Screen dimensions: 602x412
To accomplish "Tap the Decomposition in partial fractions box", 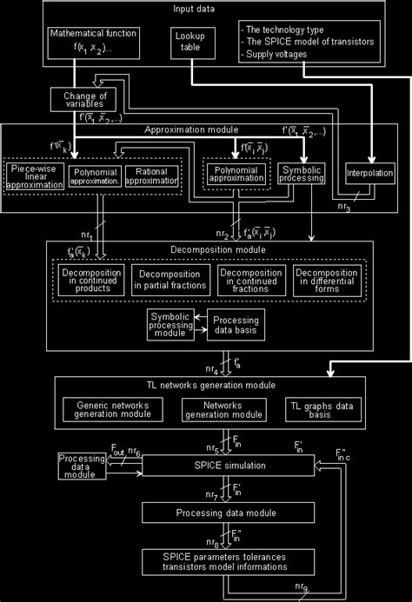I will (x=171, y=280).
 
